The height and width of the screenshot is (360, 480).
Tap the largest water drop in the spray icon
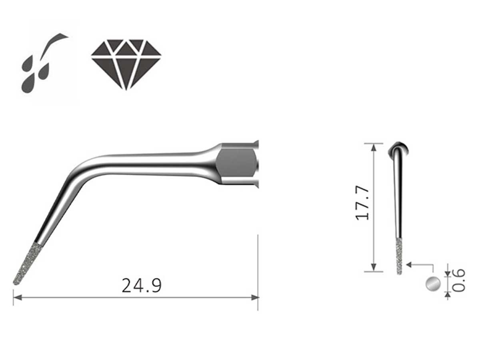point(28,84)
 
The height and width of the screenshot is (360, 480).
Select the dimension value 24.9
point(142,286)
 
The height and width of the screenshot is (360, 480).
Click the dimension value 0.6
point(460,280)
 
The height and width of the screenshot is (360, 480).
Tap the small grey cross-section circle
point(433,284)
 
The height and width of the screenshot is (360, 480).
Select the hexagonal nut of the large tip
point(236,163)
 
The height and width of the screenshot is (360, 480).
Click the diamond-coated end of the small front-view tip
point(399,256)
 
